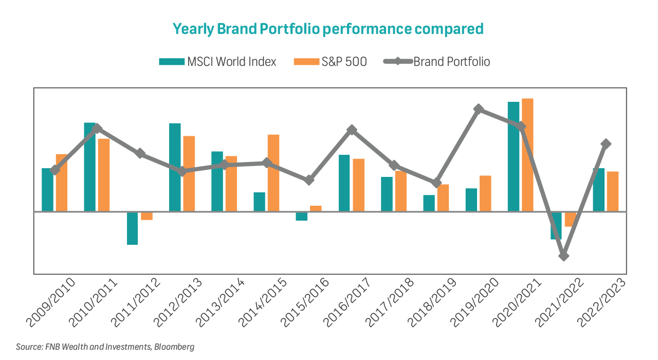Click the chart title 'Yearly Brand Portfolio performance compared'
point(328,29)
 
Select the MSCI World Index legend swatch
point(171,62)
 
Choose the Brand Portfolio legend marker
point(398,62)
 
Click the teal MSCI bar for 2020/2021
point(513,156)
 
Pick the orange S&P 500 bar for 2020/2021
point(527,155)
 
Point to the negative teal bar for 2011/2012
point(132,228)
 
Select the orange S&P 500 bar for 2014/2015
point(273,173)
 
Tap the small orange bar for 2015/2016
point(316,208)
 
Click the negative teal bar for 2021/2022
point(556,225)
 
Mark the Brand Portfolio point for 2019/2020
point(479,109)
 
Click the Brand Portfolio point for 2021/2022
point(564,256)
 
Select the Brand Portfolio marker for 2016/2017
point(352,130)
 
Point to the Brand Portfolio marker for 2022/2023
point(606,143)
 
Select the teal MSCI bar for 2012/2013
point(175,167)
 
